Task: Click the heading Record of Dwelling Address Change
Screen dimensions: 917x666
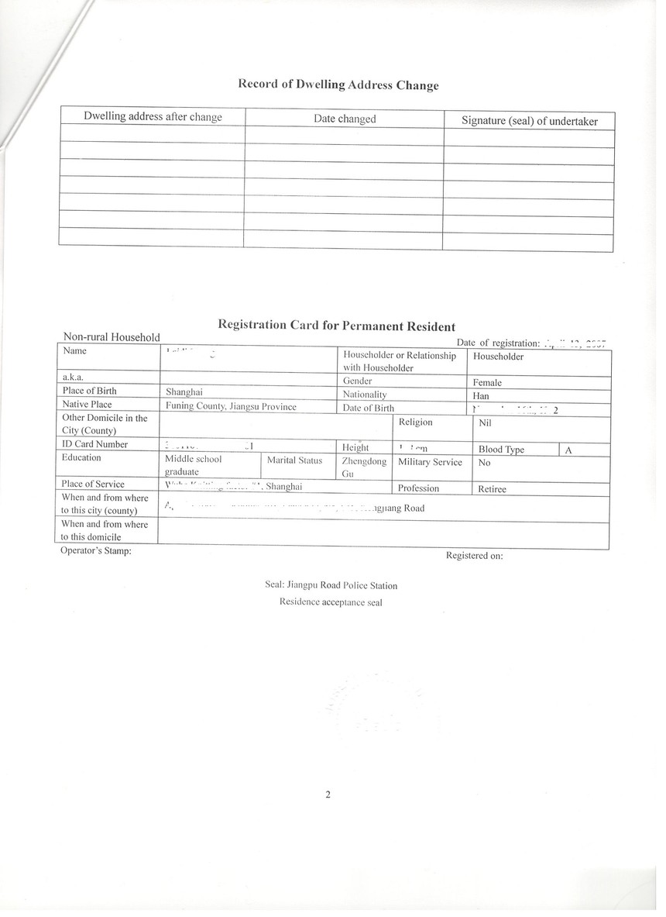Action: [338, 84]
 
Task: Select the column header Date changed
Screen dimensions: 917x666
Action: [345, 119]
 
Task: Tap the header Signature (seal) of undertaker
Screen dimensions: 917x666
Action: [529, 121]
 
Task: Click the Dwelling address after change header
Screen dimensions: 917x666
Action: [153, 117]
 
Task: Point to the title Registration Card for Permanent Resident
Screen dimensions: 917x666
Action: [337, 326]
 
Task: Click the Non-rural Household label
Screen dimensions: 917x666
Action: [112, 337]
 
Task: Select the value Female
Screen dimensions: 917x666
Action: [487, 382]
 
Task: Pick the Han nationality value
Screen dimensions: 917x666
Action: [480, 396]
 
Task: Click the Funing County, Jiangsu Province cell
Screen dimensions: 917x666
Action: [231, 406]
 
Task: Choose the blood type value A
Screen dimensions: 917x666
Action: [568, 450]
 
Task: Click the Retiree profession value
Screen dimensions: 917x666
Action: [492, 489]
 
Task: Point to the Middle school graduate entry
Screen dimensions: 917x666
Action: [193, 465]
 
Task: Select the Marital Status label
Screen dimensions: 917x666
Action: [294, 460]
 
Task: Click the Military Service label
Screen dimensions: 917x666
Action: [430, 462]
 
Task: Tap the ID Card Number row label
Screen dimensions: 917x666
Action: [95, 444]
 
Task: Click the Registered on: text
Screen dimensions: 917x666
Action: [475, 555]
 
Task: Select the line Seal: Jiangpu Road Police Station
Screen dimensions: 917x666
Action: [331, 586]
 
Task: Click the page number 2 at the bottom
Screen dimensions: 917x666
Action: [328, 794]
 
